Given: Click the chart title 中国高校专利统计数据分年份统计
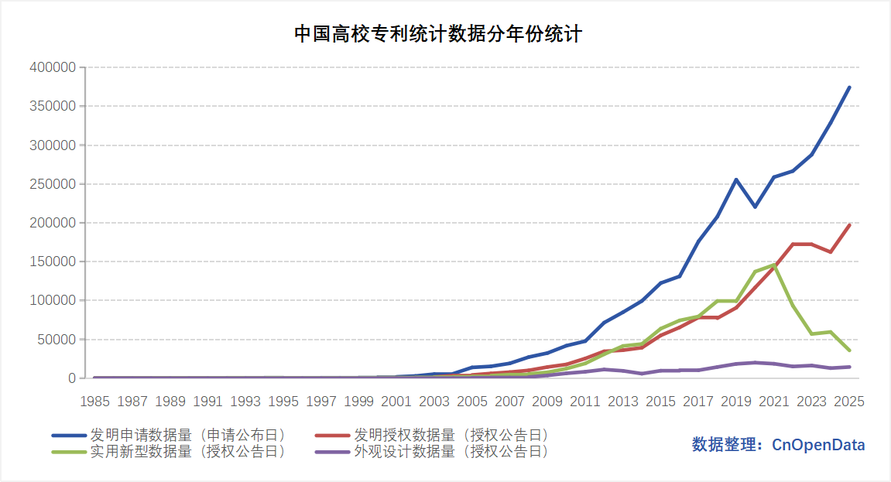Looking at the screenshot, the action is (x=438, y=34).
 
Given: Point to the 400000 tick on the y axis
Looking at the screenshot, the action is (x=53, y=67).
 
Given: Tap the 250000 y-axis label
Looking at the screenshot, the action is (x=53, y=184).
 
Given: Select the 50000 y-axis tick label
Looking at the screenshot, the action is (x=57, y=340).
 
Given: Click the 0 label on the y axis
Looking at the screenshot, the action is (x=72, y=378).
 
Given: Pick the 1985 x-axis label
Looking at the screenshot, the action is (x=95, y=402).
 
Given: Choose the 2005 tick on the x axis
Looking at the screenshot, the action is (x=472, y=402).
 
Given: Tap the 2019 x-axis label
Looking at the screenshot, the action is (x=736, y=402).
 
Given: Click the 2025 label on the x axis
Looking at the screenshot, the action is (x=849, y=402).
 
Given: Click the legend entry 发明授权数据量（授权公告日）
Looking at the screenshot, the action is (x=432, y=436).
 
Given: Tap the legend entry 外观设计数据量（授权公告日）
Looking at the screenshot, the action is (x=432, y=452).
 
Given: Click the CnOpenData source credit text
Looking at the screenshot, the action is (x=779, y=445).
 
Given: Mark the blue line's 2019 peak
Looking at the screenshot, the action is (x=736, y=179).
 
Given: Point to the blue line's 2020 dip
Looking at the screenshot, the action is (x=756, y=207).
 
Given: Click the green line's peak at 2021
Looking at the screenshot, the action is (x=774, y=265).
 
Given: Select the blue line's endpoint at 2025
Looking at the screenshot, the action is (x=849, y=87).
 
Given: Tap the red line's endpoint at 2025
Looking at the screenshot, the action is (x=849, y=225).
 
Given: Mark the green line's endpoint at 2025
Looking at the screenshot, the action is (x=849, y=350).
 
